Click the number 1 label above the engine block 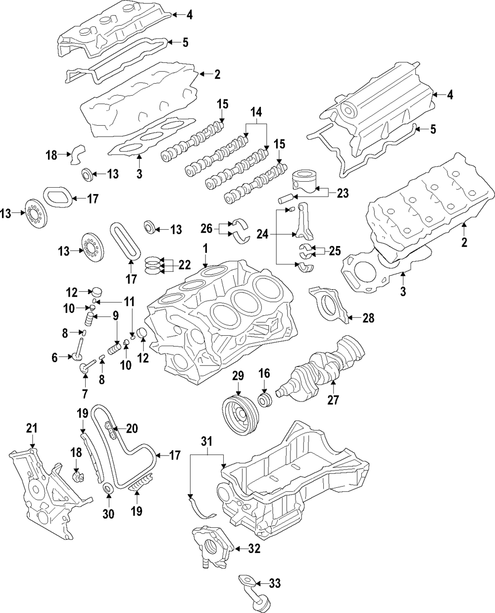click(204, 247)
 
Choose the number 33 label click(275, 583)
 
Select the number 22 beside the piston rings click(184, 265)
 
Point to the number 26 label click(207, 228)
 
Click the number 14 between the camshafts click(255, 112)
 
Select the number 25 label click(335, 251)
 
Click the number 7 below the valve click(85, 394)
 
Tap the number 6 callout click(55, 357)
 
